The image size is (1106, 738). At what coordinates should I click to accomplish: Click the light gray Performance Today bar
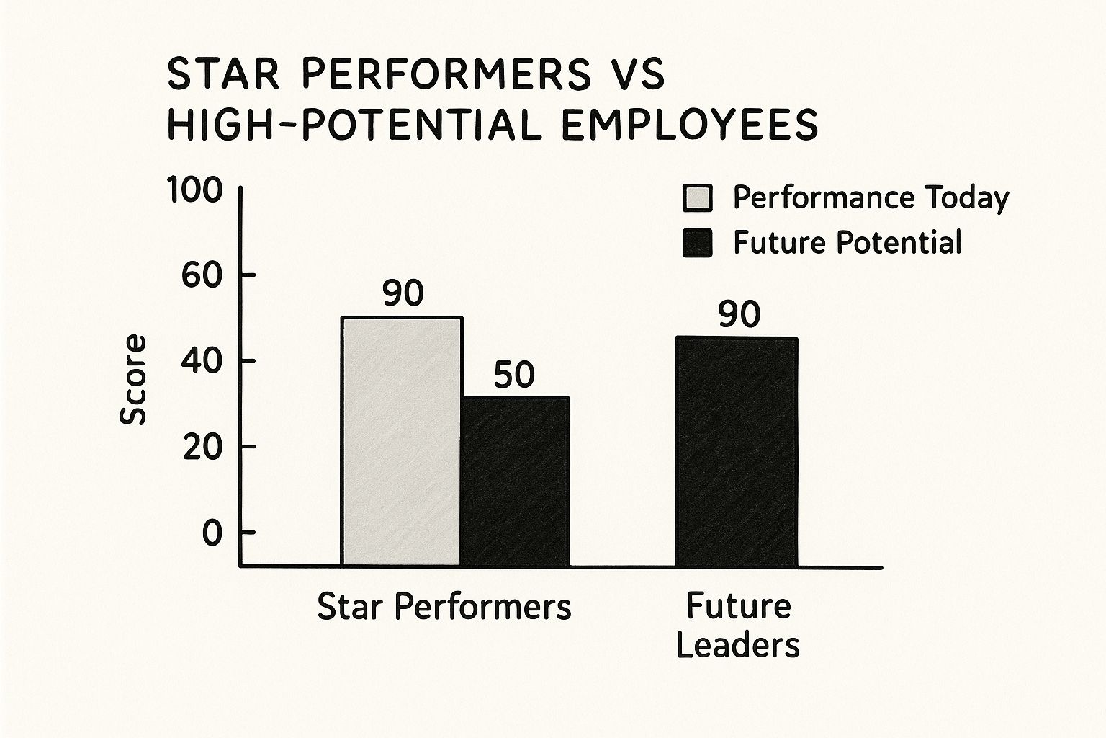pyautogui.click(x=401, y=441)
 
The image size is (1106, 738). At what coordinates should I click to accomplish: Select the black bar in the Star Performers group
pyautogui.click(x=516, y=481)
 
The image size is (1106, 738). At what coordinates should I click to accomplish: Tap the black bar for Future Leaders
pyautogui.click(x=736, y=451)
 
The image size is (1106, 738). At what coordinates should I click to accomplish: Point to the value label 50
pyautogui.click(x=515, y=375)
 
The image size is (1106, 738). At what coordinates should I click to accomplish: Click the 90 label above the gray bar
pyautogui.click(x=403, y=294)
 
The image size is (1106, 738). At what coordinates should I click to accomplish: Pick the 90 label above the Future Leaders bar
pyautogui.click(x=739, y=315)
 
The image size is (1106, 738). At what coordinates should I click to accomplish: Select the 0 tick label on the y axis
pyautogui.click(x=212, y=533)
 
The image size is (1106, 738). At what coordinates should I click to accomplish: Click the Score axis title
pyautogui.click(x=133, y=380)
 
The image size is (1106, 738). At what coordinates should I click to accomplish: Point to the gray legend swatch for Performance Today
pyautogui.click(x=697, y=198)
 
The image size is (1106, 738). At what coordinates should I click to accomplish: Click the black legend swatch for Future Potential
pyautogui.click(x=697, y=243)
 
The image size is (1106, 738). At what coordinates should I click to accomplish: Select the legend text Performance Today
pyautogui.click(x=871, y=198)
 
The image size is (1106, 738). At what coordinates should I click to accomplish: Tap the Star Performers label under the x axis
pyautogui.click(x=444, y=607)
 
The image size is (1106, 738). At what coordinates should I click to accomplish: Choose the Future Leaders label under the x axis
pyautogui.click(x=738, y=625)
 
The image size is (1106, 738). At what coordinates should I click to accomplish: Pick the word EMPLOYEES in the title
pyautogui.click(x=689, y=125)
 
